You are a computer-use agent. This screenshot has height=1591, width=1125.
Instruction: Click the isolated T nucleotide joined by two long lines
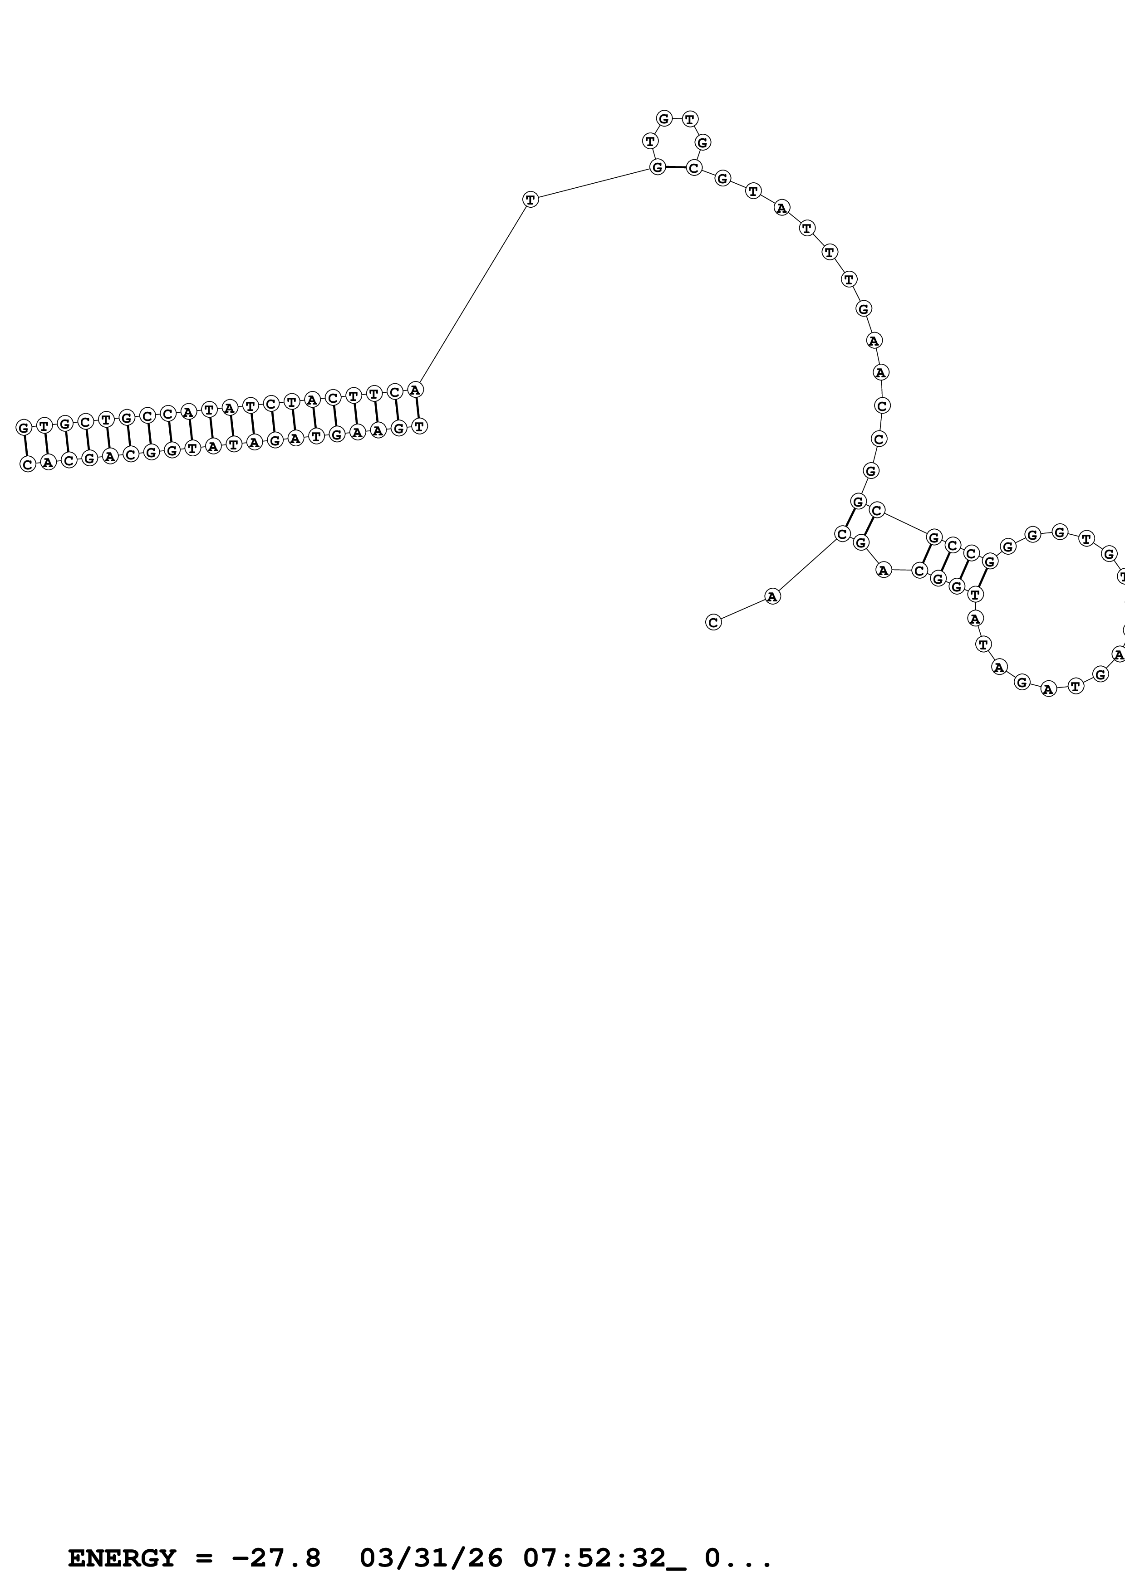pos(530,200)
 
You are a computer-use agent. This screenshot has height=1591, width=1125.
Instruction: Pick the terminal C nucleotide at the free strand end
pos(713,622)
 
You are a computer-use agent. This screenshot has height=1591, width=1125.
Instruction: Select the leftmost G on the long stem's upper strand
pos(24,428)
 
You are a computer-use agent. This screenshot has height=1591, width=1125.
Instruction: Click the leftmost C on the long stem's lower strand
pos(28,464)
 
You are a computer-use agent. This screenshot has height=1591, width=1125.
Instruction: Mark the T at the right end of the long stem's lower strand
pos(419,427)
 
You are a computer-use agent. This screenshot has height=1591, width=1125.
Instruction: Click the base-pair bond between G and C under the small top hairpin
pos(676,167)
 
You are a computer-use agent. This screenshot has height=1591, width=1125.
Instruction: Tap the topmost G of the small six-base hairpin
pos(664,118)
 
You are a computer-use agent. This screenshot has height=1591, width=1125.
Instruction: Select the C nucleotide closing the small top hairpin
pos(694,168)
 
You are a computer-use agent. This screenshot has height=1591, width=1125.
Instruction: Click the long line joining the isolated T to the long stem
pos(473,294)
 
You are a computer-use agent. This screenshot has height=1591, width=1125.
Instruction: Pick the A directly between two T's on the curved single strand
pos(782,208)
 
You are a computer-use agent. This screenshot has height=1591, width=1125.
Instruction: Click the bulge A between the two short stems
pos(882,570)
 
